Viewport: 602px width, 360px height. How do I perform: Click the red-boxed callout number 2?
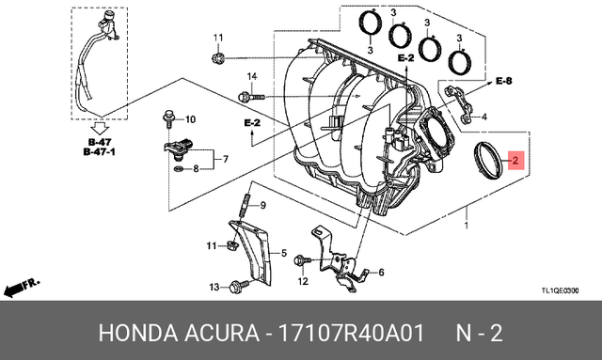(x=515, y=161)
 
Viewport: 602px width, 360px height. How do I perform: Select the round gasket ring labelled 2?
(x=488, y=158)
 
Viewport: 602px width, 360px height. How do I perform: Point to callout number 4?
(x=483, y=117)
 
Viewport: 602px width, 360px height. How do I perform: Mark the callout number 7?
(x=226, y=161)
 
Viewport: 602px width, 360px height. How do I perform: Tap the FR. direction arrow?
(x=21, y=285)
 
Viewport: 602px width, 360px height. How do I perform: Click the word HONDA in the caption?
(x=128, y=335)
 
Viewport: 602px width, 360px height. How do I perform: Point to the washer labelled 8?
(x=178, y=170)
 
